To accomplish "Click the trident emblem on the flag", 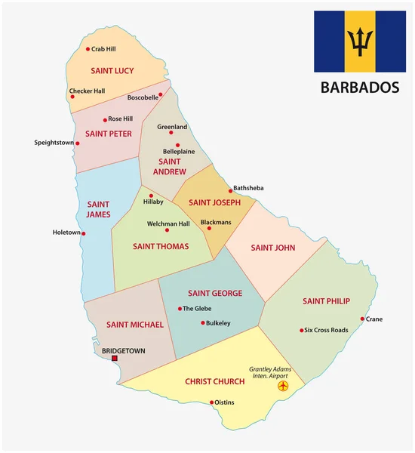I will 360,42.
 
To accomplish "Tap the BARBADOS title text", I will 360,88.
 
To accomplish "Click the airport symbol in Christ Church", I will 284,387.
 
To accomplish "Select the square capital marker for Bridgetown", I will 115,359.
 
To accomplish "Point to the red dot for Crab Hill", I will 87,48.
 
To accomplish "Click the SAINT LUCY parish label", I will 112,71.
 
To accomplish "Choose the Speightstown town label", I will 54,143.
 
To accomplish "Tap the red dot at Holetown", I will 84,233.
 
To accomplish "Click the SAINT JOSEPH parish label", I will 214,202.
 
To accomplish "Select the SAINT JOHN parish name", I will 273,248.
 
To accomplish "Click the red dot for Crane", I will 362,319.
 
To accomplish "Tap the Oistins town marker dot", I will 212,402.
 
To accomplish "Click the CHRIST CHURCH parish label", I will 216,382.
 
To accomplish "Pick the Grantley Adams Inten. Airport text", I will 270,372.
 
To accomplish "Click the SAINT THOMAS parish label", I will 161,246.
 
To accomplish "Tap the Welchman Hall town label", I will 168,223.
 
